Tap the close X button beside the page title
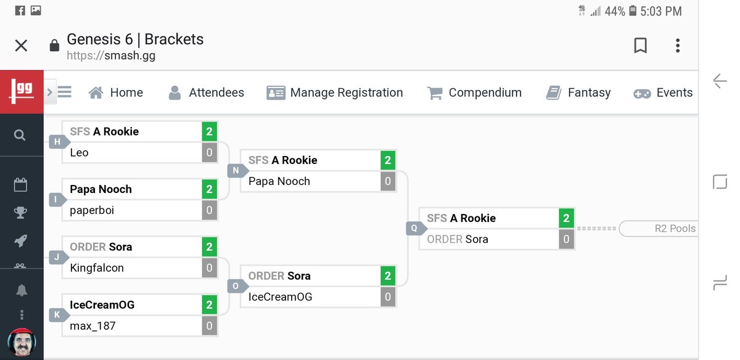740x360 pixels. pyautogui.click(x=21, y=46)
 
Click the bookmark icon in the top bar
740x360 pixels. pyautogui.click(x=641, y=46)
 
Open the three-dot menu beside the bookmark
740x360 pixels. pyautogui.click(x=678, y=46)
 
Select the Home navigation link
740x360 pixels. pyautogui.click(x=116, y=92)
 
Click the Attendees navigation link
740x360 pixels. pyautogui.click(x=207, y=92)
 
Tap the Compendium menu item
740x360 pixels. pyautogui.click(x=474, y=92)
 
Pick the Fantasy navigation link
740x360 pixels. pyautogui.click(x=578, y=92)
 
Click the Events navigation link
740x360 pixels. pyautogui.click(x=663, y=92)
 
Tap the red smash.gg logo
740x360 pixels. pyautogui.click(x=22, y=92)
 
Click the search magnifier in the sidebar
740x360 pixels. pyautogui.click(x=20, y=135)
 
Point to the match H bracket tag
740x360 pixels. pyautogui.click(x=57, y=142)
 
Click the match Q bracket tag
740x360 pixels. pyautogui.click(x=414, y=229)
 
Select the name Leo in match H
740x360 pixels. pyautogui.click(x=80, y=153)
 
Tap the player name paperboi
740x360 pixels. pyautogui.click(x=92, y=210)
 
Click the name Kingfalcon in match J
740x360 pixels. pyautogui.click(x=97, y=268)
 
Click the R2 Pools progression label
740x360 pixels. pyautogui.click(x=674, y=229)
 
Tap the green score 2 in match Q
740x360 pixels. pyautogui.click(x=566, y=218)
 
